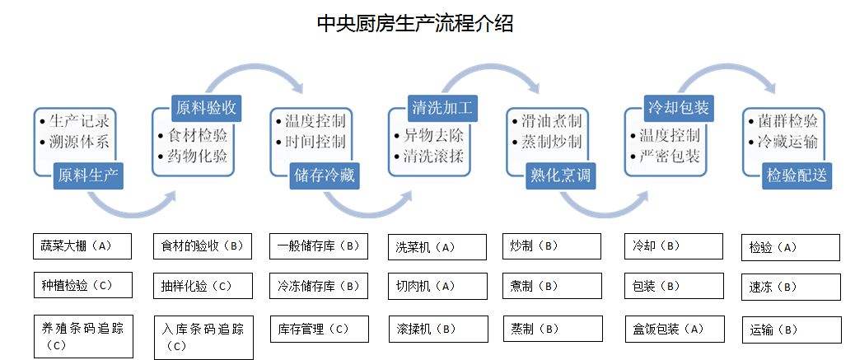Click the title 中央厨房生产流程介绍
415,23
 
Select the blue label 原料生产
87,174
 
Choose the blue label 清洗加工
443,107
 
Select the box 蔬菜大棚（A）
83,246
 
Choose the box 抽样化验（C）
203,286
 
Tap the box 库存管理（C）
318,329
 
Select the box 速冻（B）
791,287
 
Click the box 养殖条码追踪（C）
83,335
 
